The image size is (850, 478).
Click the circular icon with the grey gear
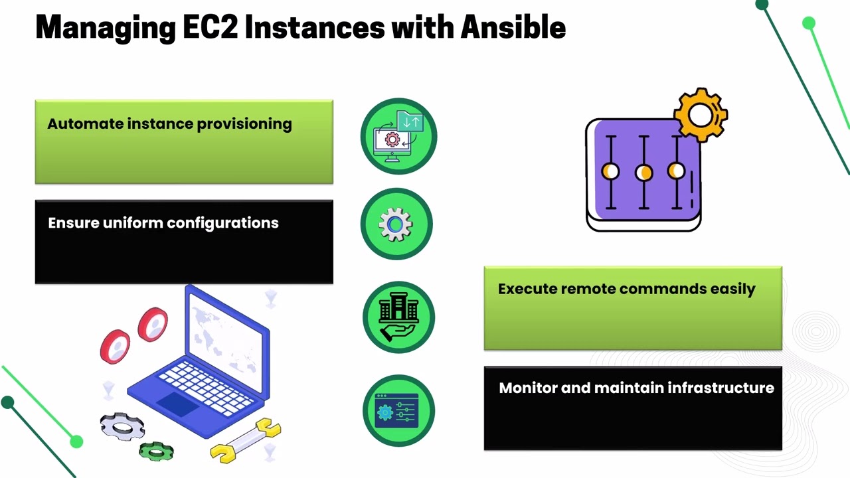(396, 224)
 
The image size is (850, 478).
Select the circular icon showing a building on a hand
(398, 317)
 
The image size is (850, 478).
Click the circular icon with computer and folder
(398, 137)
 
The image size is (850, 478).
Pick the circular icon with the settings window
(398, 410)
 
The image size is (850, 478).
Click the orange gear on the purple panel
(701, 115)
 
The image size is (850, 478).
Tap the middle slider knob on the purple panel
(643, 173)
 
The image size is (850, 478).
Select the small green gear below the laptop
(156, 451)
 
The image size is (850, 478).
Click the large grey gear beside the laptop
(123, 426)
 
